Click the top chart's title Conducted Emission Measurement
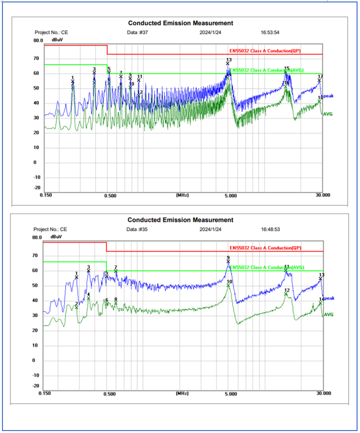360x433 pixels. pyautogui.click(x=180, y=23)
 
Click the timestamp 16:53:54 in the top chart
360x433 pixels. pyautogui.click(x=270, y=32)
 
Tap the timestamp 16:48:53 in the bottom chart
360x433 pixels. pyautogui.click(x=270, y=229)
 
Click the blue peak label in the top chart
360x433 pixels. pyautogui.click(x=329, y=96)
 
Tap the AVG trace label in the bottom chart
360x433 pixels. pyautogui.click(x=328, y=314)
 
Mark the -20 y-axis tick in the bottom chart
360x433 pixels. pyautogui.click(x=36, y=386)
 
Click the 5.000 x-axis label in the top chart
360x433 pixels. pyautogui.click(x=231, y=195)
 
